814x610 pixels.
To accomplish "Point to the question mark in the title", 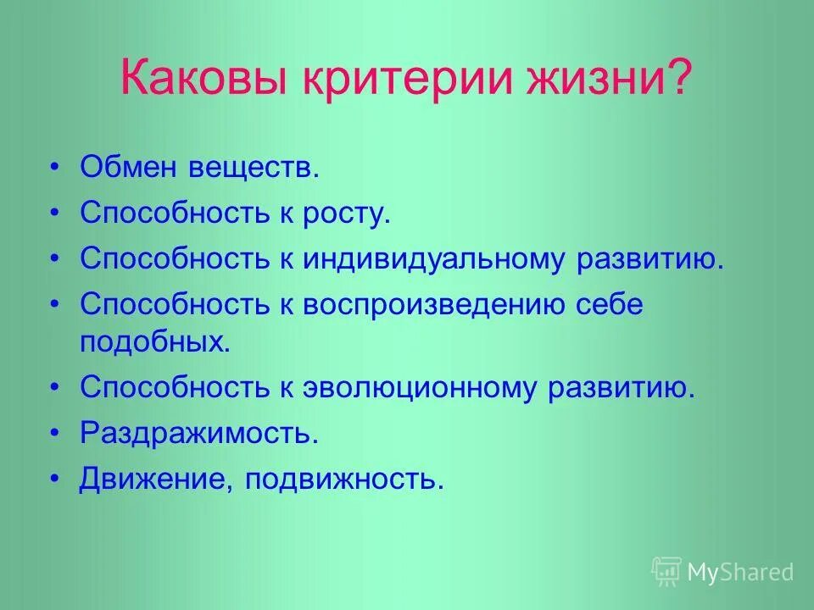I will (x=679, y=81).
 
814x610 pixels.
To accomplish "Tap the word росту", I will (x=347, y=213).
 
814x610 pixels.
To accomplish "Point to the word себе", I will (x=607, y=305).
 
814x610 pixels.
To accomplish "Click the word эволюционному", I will (x=420, y=387).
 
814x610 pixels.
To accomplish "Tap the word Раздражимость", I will (x=199, y=434).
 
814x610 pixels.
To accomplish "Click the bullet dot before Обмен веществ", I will (x=56, y=167).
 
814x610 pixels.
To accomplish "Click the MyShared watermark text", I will (x=740, y=572).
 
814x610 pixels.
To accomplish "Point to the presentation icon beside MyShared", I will (x=666, y=572).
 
